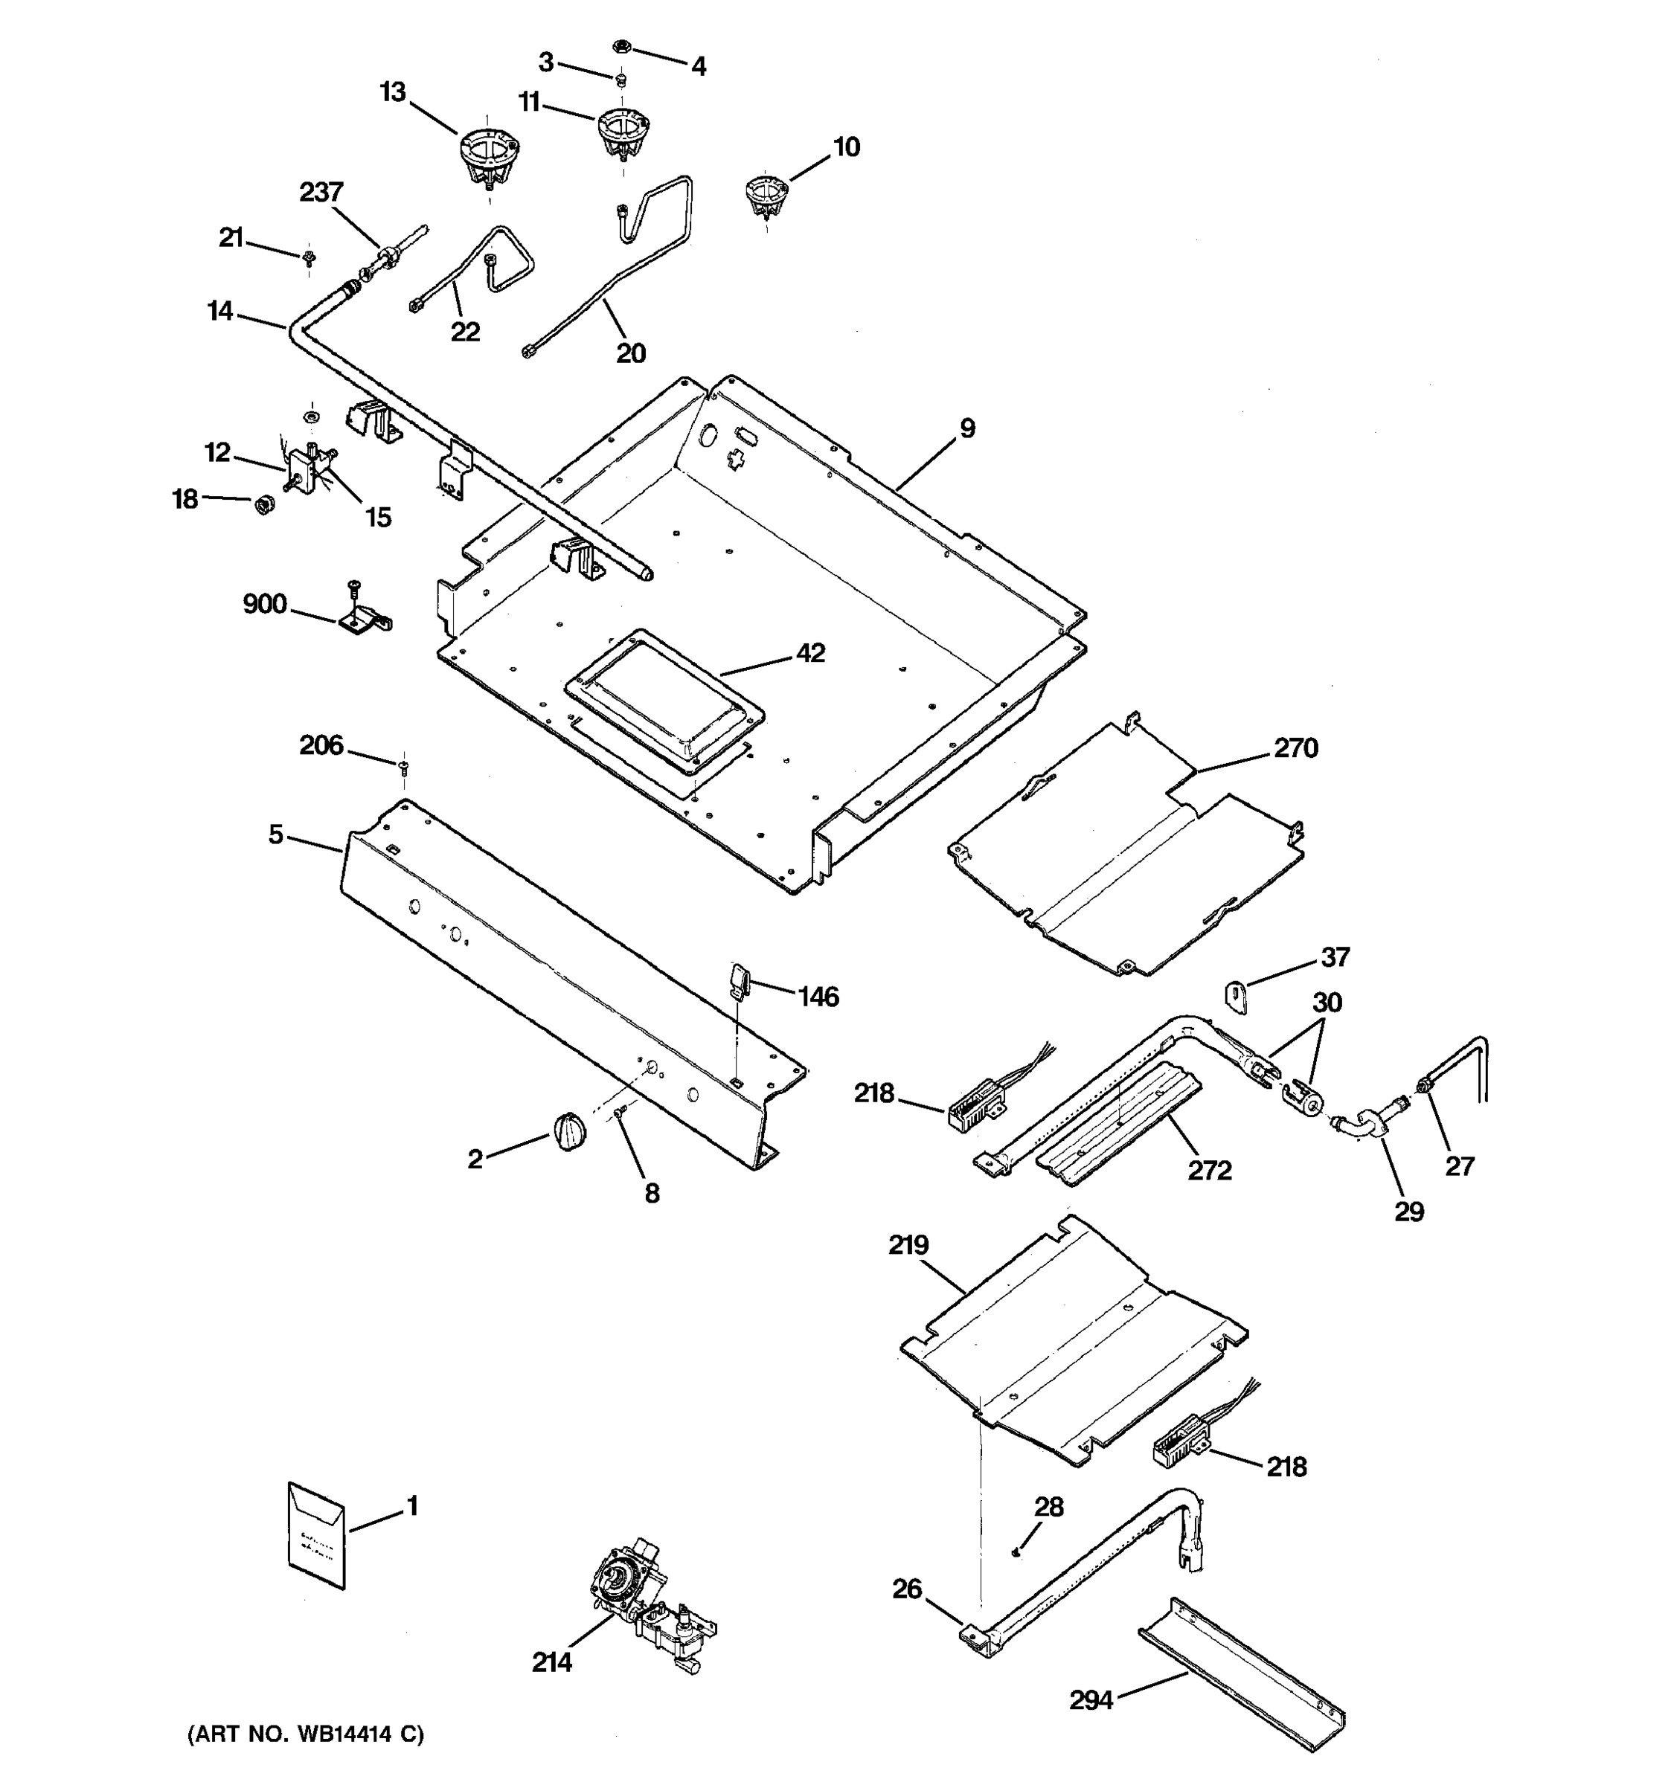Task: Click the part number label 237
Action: point(321,192)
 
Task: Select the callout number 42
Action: point(809,653)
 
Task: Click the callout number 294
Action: point(1090,1699)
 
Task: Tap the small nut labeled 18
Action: point(264,504)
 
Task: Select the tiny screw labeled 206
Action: point(403,765)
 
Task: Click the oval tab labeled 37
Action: point(1236,997)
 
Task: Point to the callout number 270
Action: point(1295,748)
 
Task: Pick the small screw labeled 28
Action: point(1015,1551)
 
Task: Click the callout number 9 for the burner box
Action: point(966,428)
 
